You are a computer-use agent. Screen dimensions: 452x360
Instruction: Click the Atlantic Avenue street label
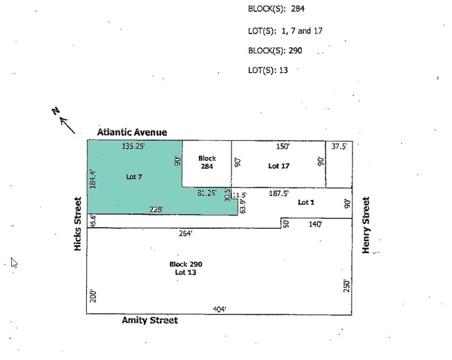132,132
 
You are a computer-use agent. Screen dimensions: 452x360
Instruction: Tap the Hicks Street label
78,224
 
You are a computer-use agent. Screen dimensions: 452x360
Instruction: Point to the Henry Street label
366,225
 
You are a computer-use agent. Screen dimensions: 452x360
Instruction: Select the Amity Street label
150,320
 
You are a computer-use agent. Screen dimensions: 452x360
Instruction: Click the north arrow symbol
64,121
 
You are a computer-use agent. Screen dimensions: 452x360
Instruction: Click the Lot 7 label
134,177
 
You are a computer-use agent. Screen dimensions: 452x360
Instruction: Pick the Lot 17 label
279,166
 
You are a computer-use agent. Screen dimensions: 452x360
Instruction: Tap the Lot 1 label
306,202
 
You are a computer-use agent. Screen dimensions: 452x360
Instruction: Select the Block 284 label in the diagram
207,162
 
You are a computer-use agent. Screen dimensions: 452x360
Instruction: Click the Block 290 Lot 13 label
186,268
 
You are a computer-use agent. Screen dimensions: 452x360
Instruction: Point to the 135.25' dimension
134,146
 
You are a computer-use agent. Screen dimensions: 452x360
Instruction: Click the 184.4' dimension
92,179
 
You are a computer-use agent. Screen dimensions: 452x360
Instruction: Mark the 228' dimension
156,209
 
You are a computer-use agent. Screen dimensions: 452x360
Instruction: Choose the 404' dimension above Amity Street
220,309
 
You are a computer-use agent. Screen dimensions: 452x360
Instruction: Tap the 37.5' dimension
339,147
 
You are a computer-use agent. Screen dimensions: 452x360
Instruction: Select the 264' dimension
186,234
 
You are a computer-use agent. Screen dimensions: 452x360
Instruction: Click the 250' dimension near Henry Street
347,286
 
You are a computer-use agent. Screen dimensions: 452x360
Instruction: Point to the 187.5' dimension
279,193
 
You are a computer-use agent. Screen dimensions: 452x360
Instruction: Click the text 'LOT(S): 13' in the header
268,70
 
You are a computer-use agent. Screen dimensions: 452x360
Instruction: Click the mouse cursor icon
14,263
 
